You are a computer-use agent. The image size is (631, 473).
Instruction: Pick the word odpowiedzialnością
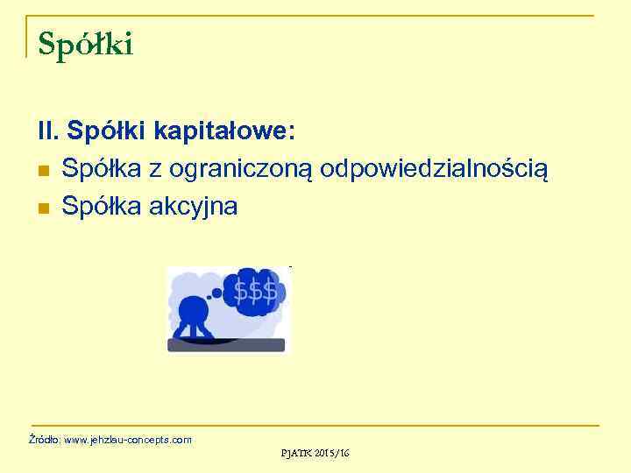pos(435,169)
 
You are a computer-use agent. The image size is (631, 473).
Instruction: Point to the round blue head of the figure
pos(193,311)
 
